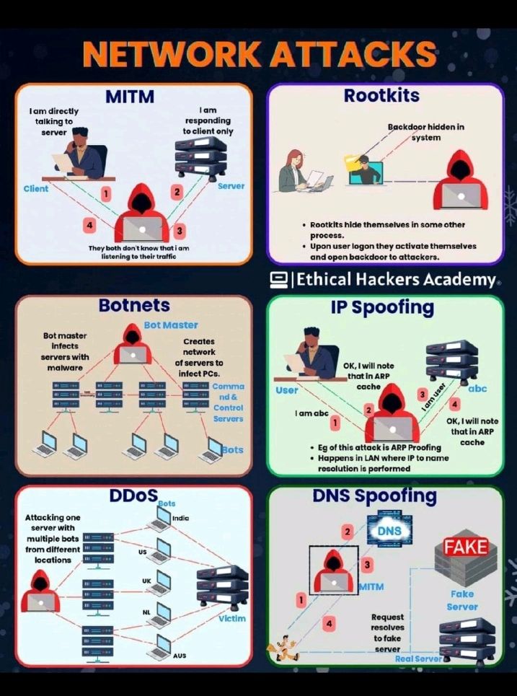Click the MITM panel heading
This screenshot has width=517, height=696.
(131, 96)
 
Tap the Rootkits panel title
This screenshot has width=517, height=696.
(382, 94)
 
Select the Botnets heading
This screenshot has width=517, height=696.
(134, 306)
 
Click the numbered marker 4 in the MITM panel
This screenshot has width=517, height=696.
(89, 226)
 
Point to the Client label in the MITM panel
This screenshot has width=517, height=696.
(36, 189)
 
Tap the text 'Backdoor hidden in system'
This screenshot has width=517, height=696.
(426, 132)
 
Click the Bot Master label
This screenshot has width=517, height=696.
(170, 325)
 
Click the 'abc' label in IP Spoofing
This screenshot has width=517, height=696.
(477, 389)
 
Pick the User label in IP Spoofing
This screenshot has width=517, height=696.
(287, 391)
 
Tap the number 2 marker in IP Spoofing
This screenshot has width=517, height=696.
(368, 410)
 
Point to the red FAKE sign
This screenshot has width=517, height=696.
(466, 547)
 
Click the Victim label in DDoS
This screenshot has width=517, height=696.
(232, 618)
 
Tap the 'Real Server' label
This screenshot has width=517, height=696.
(418, 658)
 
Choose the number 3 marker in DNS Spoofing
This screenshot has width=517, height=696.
(368, 564)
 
